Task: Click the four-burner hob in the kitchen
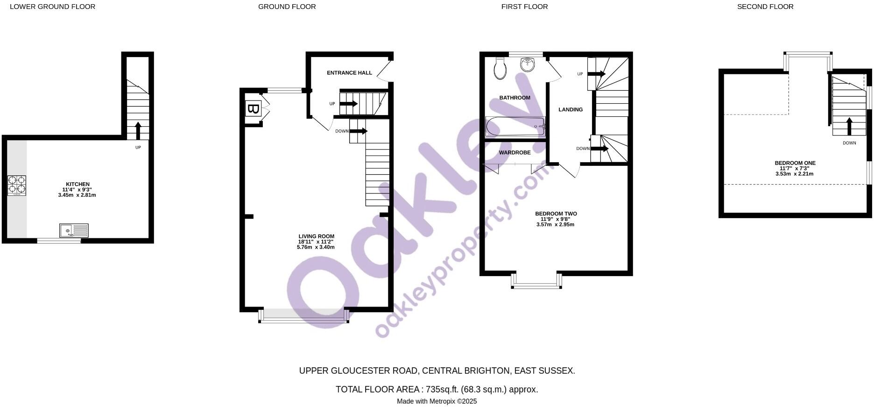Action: (x=17, y=185)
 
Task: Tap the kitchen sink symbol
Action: (x=74, y=230)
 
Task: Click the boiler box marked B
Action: (x=253, y=109)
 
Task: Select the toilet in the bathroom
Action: (x=500, y=69)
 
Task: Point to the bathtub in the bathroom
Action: (x=515, y=126)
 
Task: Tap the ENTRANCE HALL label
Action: (x=349, y=73)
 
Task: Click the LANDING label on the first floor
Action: (x=571, y=109)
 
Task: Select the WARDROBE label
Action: (x=515, y=152)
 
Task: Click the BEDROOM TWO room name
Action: (x=556, y=214)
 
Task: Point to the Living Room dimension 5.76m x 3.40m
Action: (x=316, y=247)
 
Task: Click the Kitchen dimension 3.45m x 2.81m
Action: (x=77, y=195)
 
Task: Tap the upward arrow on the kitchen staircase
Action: (x=138, y=130)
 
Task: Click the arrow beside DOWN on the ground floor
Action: (x=359, y=131)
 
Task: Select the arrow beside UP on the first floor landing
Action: (x=596, y=74)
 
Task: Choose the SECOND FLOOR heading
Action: (x=765, y=7)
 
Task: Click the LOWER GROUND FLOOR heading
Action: (x=52, y=7)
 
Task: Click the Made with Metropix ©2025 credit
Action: (x=437, y=401)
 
